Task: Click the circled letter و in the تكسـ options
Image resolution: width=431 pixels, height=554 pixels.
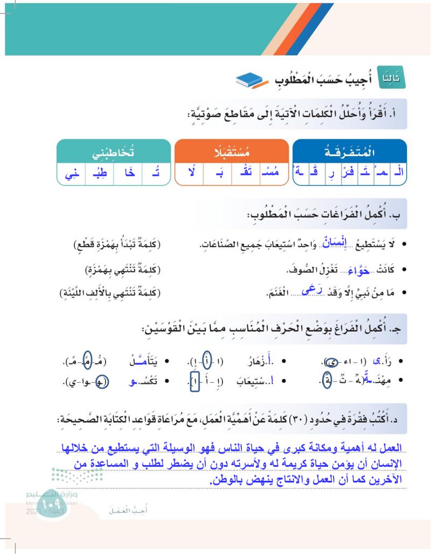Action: click(105, 381)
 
